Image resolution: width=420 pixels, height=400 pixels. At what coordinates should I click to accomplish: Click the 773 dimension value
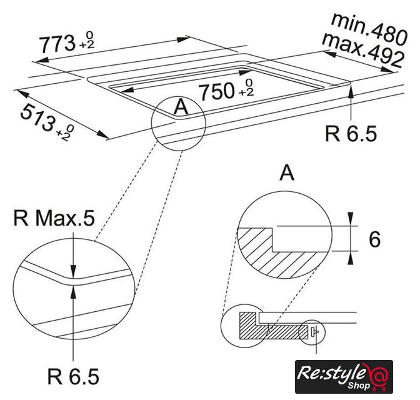(57, 44)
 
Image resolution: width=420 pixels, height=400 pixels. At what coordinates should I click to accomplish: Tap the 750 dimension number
(217, 91)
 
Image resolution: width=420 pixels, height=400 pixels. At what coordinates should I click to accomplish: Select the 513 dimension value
(37, 118)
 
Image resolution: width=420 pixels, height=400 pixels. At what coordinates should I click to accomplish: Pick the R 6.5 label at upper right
(351, 134)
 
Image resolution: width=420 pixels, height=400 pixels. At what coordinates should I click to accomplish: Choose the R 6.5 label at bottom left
(73, 376)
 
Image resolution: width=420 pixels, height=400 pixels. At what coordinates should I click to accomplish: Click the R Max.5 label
(54, 218)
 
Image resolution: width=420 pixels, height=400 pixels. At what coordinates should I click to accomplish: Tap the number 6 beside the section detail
(374, 239)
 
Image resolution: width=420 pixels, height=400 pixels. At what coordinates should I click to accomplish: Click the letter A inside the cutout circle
(181, 107)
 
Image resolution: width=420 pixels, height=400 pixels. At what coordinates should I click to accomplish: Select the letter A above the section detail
(287, 173)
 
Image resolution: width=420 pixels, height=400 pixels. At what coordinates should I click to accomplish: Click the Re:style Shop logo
(344, 377)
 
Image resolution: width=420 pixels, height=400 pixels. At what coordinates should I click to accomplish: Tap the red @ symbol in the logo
(378, 374)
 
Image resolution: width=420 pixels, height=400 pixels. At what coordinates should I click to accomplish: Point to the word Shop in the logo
(359, 386)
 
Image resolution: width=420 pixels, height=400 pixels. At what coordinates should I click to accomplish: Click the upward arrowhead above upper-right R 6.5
(351, 93)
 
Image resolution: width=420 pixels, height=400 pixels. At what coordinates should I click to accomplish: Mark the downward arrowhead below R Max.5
(73, 271)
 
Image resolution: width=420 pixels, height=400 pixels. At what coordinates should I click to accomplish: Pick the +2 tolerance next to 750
(246, 92)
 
